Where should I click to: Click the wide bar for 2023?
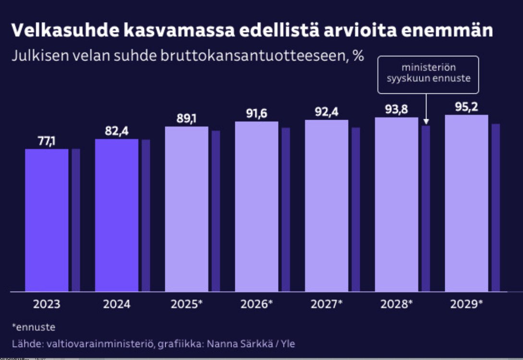pyautogui.click(x=47, y=220)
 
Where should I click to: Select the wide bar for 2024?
pyautogui.click(x=117, y=215)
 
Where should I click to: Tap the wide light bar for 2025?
pyautogui.click(x=187, y=209)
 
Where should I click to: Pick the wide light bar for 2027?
pyautogui.click(x=327, y=205)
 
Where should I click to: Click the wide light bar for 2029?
pyautogui.click(x=466, y=203)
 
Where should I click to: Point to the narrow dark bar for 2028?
pyautogui.click(x=426, y=208)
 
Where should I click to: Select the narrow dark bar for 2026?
pyautogui.click(x=286, y=209)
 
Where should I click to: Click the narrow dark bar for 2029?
pyautogui.click(x=496, y=207)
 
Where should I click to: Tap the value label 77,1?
pyautogui.click(x=47, y=141)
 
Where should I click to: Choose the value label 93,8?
pyautogui.click(x=396, y=110)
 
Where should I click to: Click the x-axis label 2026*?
pyautogui.click(x=256, y=305)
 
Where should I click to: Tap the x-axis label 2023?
pyautogui.click(x=47, y=305)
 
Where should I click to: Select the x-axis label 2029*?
pyautogui.click(x=467, y=305)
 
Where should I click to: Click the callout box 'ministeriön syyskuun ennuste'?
pyautogui.click(x=428, y=74)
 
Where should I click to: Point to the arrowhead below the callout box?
pyautogui.click(x=426, y=122)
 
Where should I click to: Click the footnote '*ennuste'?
pyautogui.click(x=33, y=327)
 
